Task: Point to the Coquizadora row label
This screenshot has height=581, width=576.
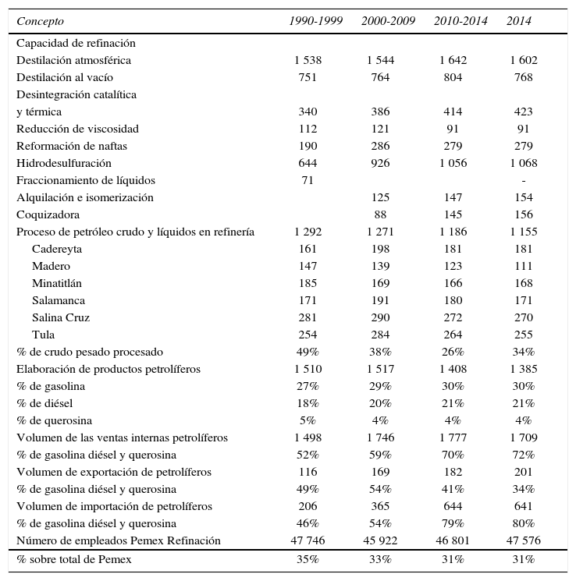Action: click(x=48, y=214)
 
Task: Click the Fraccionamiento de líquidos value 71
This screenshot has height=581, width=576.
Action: click(x=308, y=180)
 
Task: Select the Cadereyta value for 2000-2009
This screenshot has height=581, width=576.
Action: click(x=381, y=249)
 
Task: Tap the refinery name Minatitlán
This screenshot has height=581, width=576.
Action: click(x=57, y=283)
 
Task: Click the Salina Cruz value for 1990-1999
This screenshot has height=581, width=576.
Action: click(x=308, y=317)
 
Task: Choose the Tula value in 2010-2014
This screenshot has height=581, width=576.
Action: click(x=453, y=335)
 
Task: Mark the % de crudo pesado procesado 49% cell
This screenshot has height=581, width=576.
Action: click(x=308, y=352)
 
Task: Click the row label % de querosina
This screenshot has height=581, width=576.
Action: click(x=53, y=420)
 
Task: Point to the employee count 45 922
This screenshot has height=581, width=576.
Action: click(x=381, y=540)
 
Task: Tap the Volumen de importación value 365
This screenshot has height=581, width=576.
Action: click(x=381, y=506)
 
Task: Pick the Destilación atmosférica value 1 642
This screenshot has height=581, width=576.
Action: click(x=453, y=60)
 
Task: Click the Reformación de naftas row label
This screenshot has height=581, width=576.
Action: click(x=72, y=146)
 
